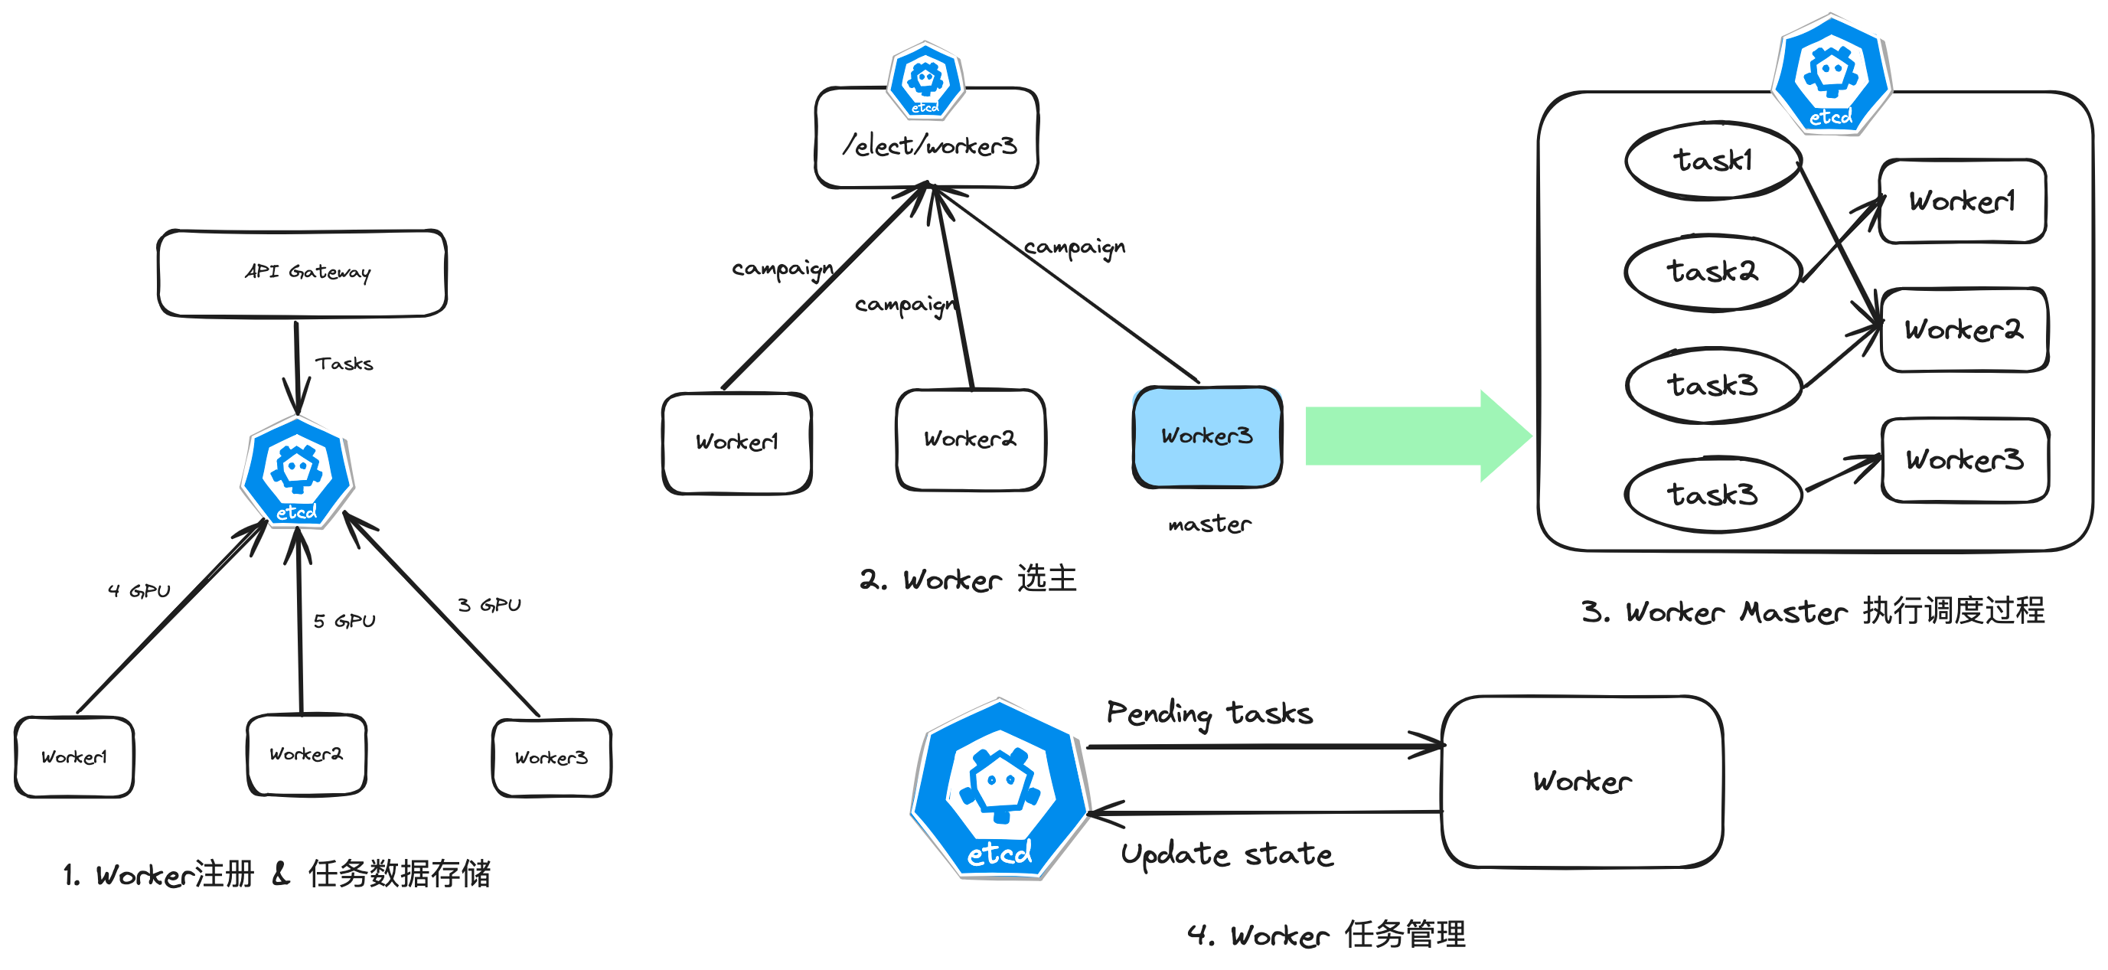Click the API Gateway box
click(302, 273)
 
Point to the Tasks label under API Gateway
click(344, 364)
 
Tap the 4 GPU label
click(139, 590)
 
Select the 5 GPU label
click(344, 620)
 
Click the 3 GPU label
click(488, 605)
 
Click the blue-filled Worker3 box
click(1207, 436)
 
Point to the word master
click(1209, 524)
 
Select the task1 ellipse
click(1713, 161)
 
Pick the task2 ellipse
click(1713, 272)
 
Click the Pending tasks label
click(1209, 713)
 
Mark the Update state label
click(1227, 854)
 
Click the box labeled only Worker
click(1582, 781)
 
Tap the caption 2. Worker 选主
click(968, 579)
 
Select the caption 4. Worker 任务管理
click(1326, 934)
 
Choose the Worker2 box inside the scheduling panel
click(1964, 330)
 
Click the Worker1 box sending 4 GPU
click(74, 757)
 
